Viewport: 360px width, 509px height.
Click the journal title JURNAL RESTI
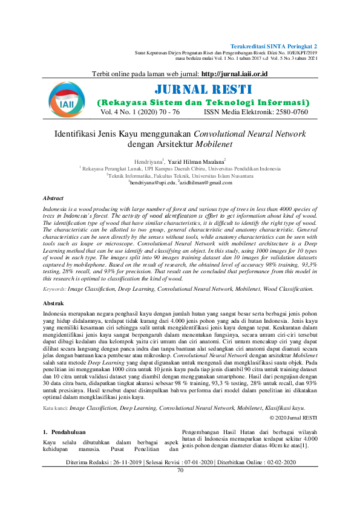pyautogui.click(x=204, y=90)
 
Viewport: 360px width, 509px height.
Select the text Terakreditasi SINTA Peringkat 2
pyautogui.click(x=274, y=46)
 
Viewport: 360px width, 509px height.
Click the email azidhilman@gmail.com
pyautogui.click(x=203, y=182)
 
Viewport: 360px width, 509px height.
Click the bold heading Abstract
pyautogui.click(x=54, y=198)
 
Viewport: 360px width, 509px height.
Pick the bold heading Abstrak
pyautogui.click(x=53, y=302)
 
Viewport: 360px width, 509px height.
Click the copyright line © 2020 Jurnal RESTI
pyautogui.click(x=293, y=401)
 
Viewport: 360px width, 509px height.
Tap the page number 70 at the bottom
pyautogui.click(x=180, y=469)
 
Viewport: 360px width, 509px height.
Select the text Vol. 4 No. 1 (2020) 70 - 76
pyautogui.click(x=140, y=112)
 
